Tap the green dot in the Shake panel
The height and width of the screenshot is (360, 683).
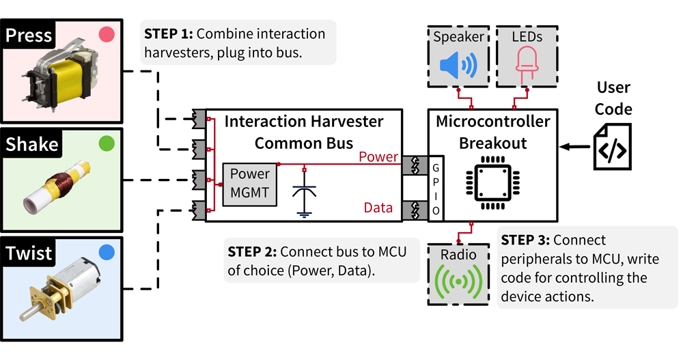106,143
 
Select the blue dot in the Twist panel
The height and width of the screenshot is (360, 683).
106,253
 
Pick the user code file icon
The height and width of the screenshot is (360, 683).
611,146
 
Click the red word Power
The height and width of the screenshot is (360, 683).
378,156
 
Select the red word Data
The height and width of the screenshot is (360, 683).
378,208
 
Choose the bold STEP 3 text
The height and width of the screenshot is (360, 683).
525,240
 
